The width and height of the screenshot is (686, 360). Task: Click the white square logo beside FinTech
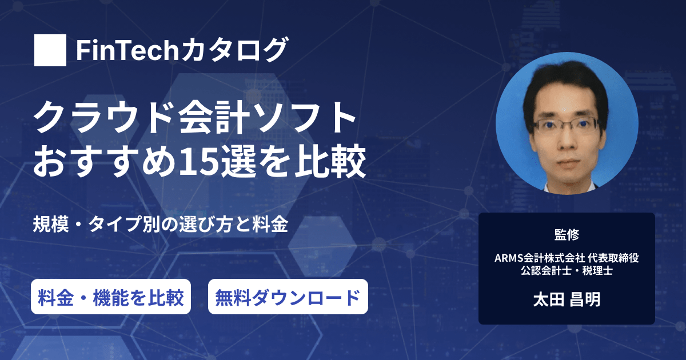[50, 50]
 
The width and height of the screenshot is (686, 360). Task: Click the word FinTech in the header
[127, 50]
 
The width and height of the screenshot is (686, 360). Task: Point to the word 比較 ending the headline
[332, 161]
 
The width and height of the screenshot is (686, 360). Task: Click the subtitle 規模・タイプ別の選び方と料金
[161, 225]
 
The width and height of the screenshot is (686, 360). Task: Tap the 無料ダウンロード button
[288, 297]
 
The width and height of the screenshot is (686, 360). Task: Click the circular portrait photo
[567, 123]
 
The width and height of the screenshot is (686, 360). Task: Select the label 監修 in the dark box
[567, 235]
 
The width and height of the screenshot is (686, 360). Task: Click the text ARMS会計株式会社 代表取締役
[567, 258]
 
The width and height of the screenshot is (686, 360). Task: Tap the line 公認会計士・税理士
[567, 271]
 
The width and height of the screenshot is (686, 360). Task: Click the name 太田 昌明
[567, 299]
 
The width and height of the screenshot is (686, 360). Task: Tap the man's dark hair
[565, 83]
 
